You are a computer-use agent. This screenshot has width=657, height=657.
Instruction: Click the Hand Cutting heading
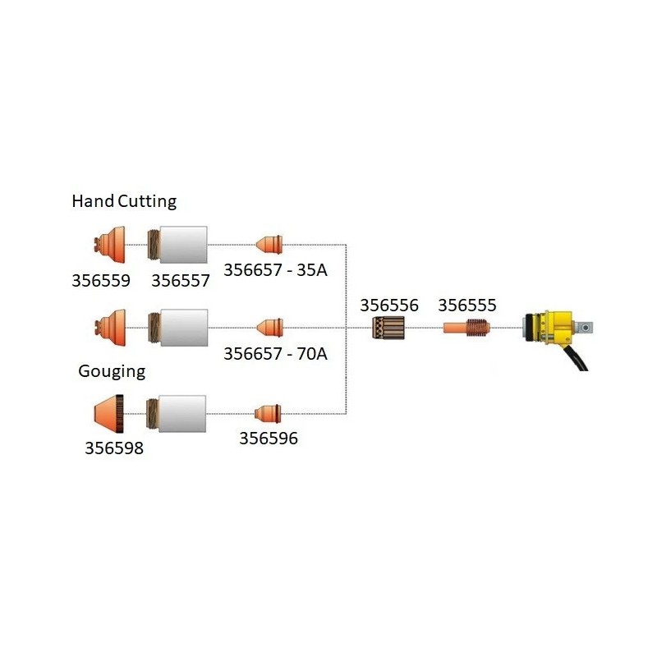point(124,201)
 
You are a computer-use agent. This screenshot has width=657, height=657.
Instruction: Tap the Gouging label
point(112,371)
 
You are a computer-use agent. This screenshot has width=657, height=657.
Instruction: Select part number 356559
point(101,281)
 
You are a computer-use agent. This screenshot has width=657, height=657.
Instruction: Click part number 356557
point(181,281)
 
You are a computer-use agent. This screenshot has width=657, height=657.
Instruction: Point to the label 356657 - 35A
point(275,270)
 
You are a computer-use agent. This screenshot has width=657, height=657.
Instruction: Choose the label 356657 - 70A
point(275,354)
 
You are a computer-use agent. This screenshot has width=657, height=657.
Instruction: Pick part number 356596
point(269,439)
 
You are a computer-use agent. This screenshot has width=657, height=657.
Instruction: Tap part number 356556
point(389,306)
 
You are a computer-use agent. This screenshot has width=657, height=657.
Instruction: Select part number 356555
point(467,306)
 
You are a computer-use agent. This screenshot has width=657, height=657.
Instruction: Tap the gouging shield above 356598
point(109,411)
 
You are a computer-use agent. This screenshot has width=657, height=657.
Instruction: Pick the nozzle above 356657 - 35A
point(269,244)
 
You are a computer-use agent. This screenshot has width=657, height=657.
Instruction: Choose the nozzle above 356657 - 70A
point(269,326)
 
